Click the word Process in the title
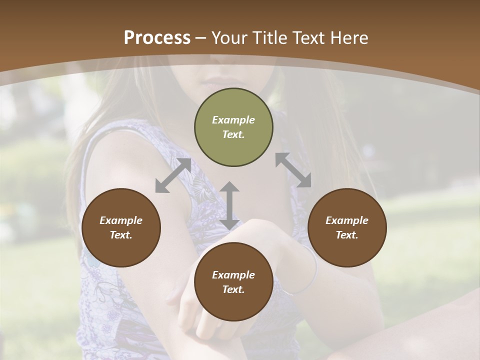(157, 38)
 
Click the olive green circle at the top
(233, 127)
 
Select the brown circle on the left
(121, 228)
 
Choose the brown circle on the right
(347, 228)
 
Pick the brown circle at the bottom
(233, 282)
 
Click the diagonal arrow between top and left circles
(173, 175)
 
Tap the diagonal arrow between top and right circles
(293, 170)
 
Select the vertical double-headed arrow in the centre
(229, 205)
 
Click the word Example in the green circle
(233, 120)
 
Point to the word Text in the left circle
(121, 235)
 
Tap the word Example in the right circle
(347, 220)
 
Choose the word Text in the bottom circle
(233, 289)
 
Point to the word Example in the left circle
(121, 220)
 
